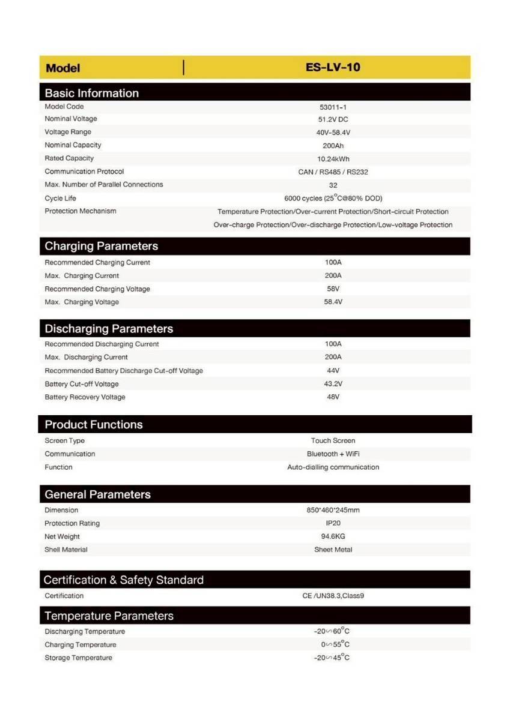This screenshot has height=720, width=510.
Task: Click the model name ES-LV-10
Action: pyautogui.click(x=333, y=67)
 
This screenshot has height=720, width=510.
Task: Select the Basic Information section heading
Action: pyautogui.click(x=91, y=93)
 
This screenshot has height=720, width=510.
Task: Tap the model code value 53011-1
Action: pyautogui.click(x=333, y=107)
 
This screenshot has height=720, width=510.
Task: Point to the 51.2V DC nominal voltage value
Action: pyautogui.click(x=333, y=119)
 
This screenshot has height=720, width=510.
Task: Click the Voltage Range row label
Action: pyautogui.click(x=68, y=132)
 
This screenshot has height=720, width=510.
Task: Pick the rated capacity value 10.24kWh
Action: pyautogui.click(x=333, y=159)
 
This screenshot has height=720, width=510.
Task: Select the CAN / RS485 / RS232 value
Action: pyautogui.click(x=333, y=172)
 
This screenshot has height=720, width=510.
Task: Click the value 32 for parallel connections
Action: pyautogui.click(x=333, y=185)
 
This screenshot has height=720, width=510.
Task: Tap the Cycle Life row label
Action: pyautogui.click(x=60, y=199)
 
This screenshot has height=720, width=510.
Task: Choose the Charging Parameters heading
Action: pyautogui.click(x=101, y=246)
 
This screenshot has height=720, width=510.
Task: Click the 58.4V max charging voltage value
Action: pyautogui.click(x=333, y=302)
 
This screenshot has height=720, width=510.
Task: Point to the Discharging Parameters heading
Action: pyautogui.click(x=109, y=329)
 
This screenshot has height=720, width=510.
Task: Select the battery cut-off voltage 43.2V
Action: pyautogui.click(x=333, y=384)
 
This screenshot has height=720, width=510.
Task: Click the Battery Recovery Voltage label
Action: pyautogui.click(x=85, y=397)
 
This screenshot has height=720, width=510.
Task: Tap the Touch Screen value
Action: pyautogui.click(x=333, y=440)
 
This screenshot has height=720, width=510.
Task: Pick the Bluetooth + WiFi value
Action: pyautogui.click(x=333, y=454)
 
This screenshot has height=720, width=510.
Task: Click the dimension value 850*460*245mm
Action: pyautogui.click(x=333, y=511)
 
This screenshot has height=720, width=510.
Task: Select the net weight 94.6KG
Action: pyautogui.click(x=333, y=536)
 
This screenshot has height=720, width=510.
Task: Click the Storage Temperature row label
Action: pyautogui.click(x=78, y=658)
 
